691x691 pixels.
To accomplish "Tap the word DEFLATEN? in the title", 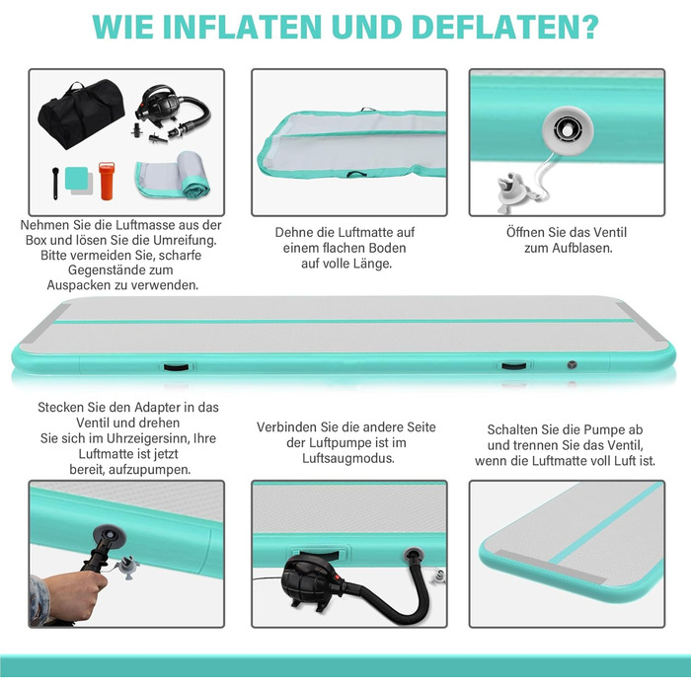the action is (505, 27).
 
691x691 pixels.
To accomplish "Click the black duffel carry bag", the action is (81, 114).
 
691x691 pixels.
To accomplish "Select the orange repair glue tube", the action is (107, 181).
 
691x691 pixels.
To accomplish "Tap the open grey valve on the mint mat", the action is (568, 130).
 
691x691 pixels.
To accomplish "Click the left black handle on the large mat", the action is (176, 366).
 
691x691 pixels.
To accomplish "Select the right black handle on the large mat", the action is (513, 366).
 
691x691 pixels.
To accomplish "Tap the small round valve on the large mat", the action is (572, 364).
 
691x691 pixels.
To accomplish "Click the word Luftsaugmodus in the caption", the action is (348, 458).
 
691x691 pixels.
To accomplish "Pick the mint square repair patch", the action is (76, 178).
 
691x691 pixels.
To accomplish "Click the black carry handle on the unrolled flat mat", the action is (356, 175).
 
